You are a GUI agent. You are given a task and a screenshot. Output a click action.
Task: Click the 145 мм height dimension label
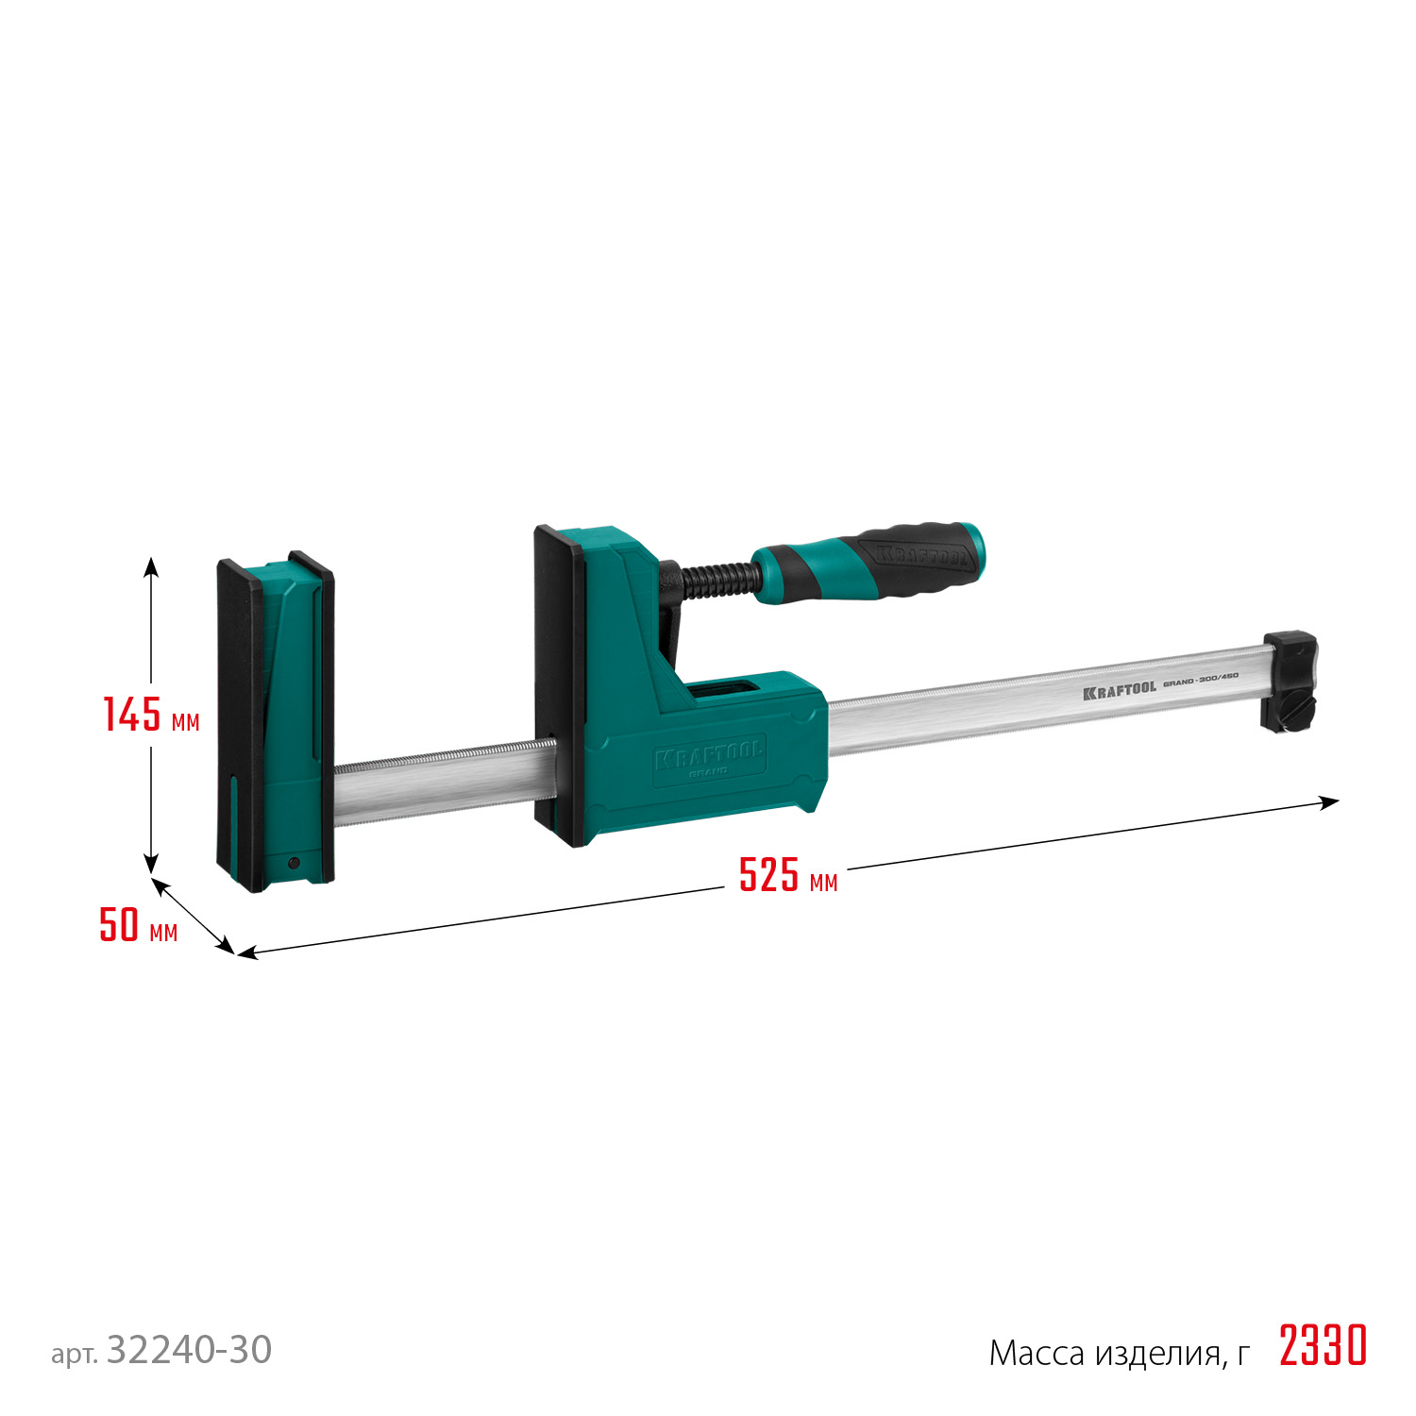click(151, 715)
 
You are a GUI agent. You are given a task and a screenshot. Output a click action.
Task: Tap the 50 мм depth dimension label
click(138, 925)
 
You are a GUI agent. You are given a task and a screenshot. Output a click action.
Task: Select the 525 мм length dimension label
click(787, 875)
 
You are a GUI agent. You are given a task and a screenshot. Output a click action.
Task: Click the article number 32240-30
click(189, 1350)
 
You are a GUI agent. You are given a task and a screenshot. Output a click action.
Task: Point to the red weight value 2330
click(1323, 1346)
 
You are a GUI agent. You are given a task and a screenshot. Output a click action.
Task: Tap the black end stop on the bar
click(1290, 680)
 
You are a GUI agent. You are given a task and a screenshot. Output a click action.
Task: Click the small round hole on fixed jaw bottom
click(294, 863)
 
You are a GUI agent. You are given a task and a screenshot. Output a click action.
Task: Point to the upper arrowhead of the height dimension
click(151, 565)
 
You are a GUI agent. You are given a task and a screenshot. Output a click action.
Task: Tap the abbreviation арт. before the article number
click(74, 1355)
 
